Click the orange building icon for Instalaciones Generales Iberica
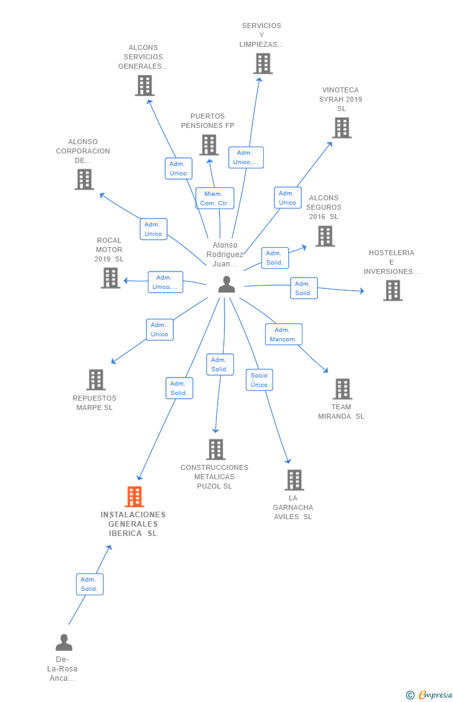tap(134, 497)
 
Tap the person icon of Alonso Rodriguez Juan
tap(227, 285)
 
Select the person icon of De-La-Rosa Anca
tap(64, 642)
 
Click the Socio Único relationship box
tap(259, 379)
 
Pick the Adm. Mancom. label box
tap(283, 334)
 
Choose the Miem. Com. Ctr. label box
tap(215, 198)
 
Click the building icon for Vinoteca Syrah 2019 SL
tap(342, 128)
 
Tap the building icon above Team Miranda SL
tap(343, 389)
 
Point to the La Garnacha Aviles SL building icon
tap(295, 480)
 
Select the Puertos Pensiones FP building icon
tap(210, 145)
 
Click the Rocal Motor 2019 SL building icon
tap(110, 278)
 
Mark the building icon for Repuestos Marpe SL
tap(96, 379)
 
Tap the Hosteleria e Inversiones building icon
tap(393, 291)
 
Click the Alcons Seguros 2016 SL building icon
tap(325, 236)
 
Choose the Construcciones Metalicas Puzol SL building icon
tap(216, 449)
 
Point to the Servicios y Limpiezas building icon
tap(263, 64)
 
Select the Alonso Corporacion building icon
tap(84, 180)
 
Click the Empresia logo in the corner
tap(429, 695)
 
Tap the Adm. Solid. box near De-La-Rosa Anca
tap(89, 584)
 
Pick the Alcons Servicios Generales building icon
tap(145, 85)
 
